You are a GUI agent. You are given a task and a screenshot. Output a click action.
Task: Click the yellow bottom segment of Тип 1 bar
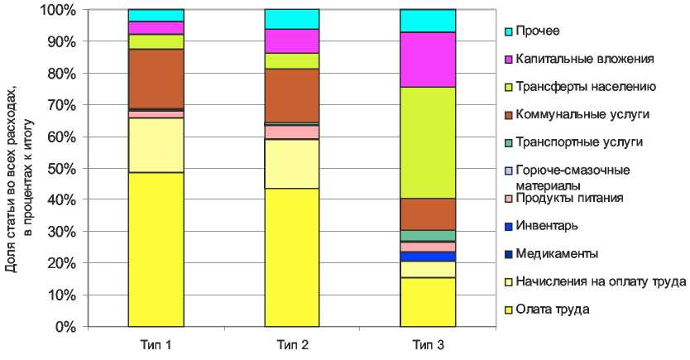(x=156, y=249)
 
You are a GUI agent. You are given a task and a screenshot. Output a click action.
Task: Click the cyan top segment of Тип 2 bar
(x=291, y=19)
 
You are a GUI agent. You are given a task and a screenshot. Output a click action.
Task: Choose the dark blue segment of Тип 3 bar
(x=428, y=257)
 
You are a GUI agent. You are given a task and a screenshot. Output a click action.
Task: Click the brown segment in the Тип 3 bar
(x=428, y=214)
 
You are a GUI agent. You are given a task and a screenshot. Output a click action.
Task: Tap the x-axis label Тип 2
(x=291, y=343)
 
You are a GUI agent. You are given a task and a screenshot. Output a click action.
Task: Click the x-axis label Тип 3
(x=427, y=343)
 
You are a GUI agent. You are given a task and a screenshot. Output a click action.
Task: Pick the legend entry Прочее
(x=537, y=31)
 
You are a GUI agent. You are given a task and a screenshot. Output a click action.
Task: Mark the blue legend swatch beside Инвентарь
(x=510, y=226)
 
